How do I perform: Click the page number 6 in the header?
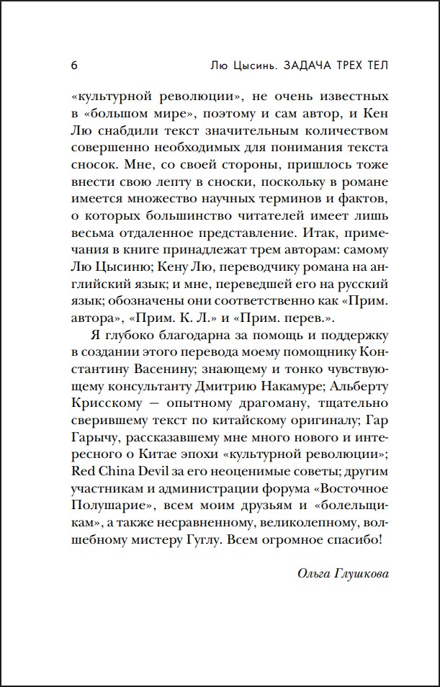(75, 65)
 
